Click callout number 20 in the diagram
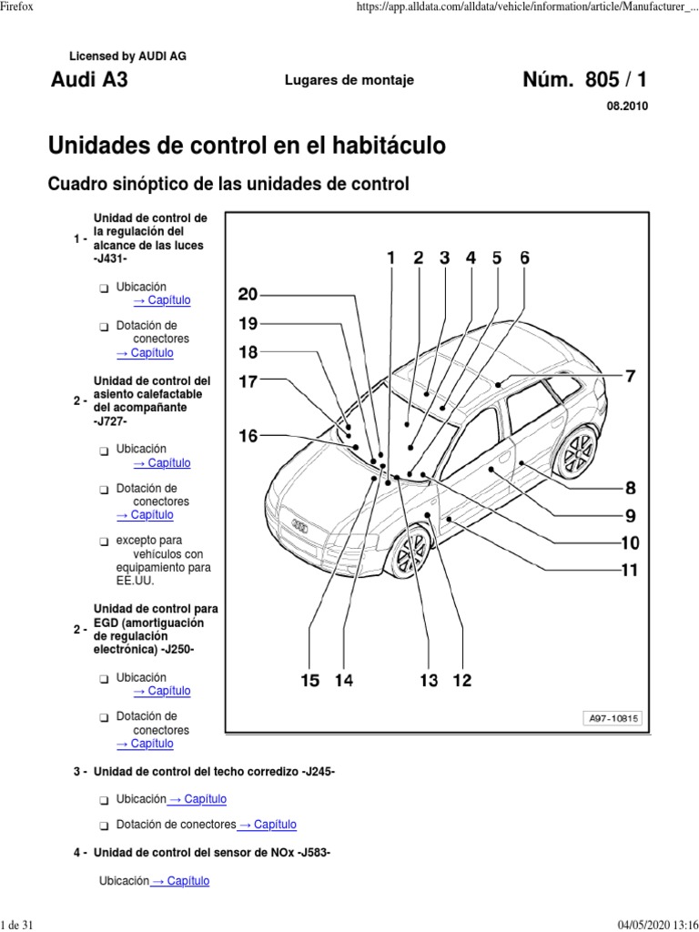tap(248, 294)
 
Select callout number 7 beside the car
tap(630, 375)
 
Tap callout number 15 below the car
tap(310, 680)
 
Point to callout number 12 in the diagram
tap(462, 680)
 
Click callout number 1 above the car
tap(391, 258)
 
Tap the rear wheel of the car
tap(577, 451)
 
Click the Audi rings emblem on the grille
tap(299, 524)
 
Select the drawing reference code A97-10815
tap(613, 718)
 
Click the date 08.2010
tap(627, 106)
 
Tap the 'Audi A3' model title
tap(89, 80)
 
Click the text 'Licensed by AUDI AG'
tap(134, 56)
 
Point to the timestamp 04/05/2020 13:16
tap(654, 924)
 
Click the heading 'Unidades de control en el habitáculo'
tap(246, 146)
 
